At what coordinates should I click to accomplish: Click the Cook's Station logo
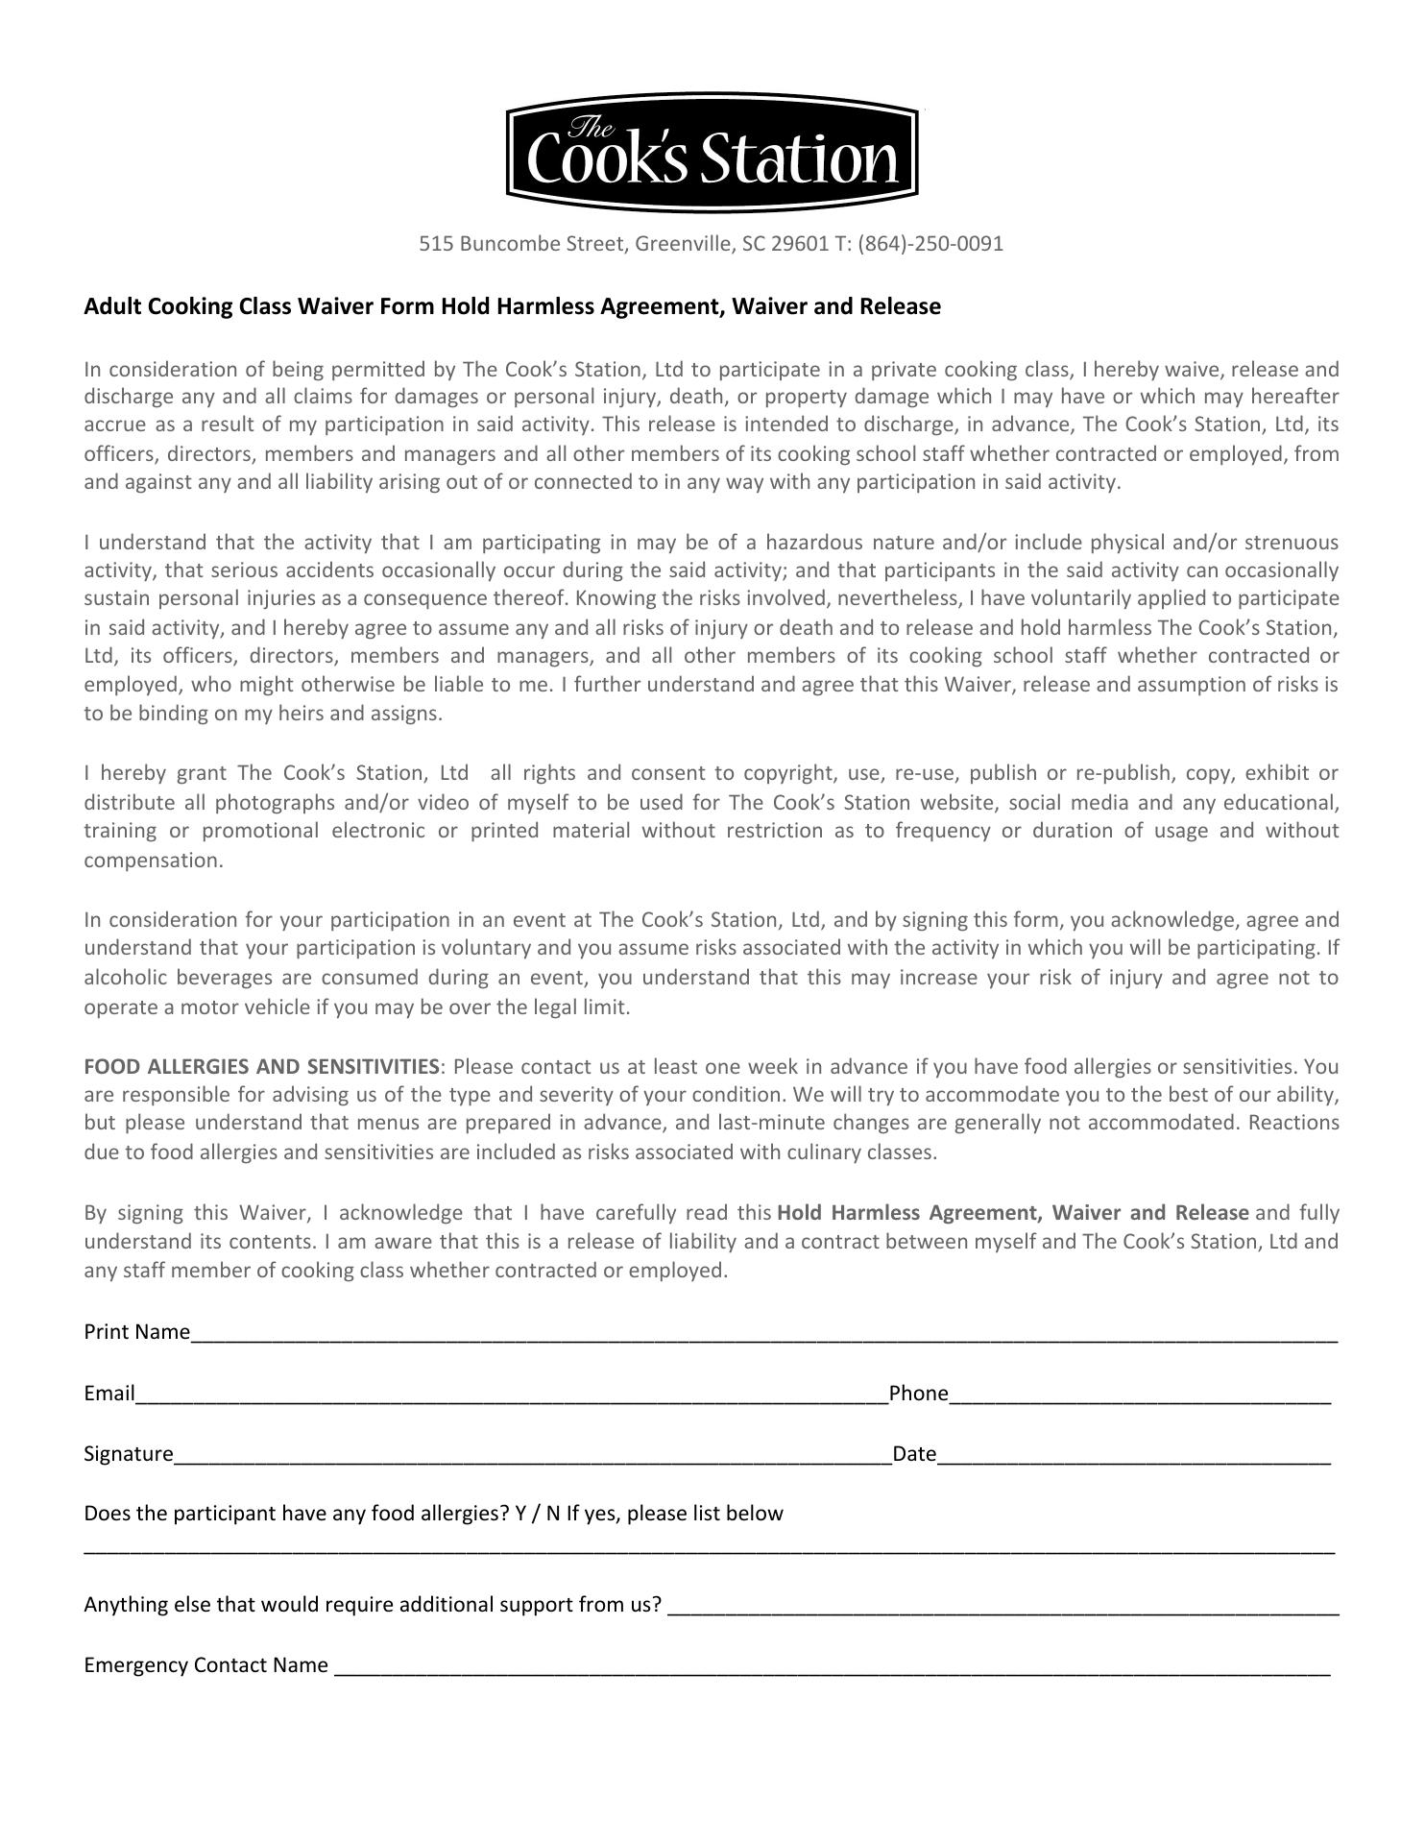pos(712,152)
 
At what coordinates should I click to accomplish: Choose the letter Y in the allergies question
pos(520,1515)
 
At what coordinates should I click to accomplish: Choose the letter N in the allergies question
pos(552,1515)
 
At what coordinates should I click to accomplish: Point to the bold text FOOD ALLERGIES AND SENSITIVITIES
pos(261,1067)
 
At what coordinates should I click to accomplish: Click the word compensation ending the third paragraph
pos(153,861)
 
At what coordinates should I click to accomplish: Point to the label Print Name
pos(136,1332)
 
